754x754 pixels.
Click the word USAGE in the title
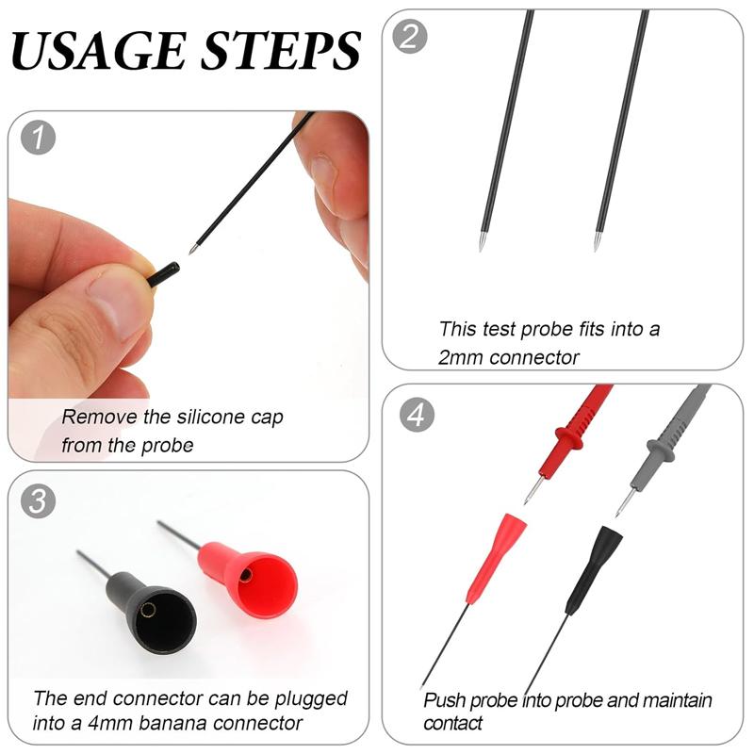pyautogui.click(x=99, y=50)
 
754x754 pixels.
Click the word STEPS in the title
pyautogui.click(x=281, y=50)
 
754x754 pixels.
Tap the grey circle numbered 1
pyautogui.click(x=39, y=138)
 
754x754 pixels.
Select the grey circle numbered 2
pyautogui.click(x=410, y=36)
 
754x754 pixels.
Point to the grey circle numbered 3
pyautogui.click(x=39, y=500)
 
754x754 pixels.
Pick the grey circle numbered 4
pyautogui.click(x=417, y=414)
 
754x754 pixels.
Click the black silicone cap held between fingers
pyautogui.click(x=163, y=273)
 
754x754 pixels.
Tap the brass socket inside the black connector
pyautogui.click(x=148, y=610)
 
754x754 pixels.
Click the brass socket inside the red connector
pyautogui.click(x=246, y=575)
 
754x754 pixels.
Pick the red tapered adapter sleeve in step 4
pyautogui.click(x=496, y=558)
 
